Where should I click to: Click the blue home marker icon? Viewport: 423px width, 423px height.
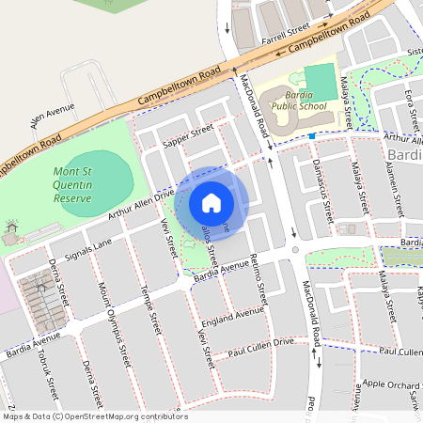click(211, 202)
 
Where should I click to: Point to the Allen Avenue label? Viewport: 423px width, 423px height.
click(52, 116)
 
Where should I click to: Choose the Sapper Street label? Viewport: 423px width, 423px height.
click(189, 136)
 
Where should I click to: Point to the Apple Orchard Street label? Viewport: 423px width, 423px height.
click(395, 384)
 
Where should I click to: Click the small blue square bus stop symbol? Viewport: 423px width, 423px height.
click(311, 136)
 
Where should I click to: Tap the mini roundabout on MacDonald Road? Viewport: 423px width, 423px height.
click(295, 250)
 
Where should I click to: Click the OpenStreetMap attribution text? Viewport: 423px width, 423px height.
click(96, 415)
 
